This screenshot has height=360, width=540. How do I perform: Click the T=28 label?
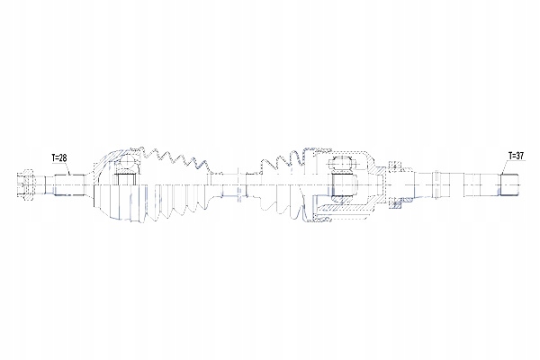point(59,157)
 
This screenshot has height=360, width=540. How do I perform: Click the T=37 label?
point(516,155)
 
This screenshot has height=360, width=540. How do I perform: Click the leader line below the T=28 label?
point(66,169)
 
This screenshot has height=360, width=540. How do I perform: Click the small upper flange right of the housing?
point(392,165)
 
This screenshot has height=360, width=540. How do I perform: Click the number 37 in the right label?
point(519,155)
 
